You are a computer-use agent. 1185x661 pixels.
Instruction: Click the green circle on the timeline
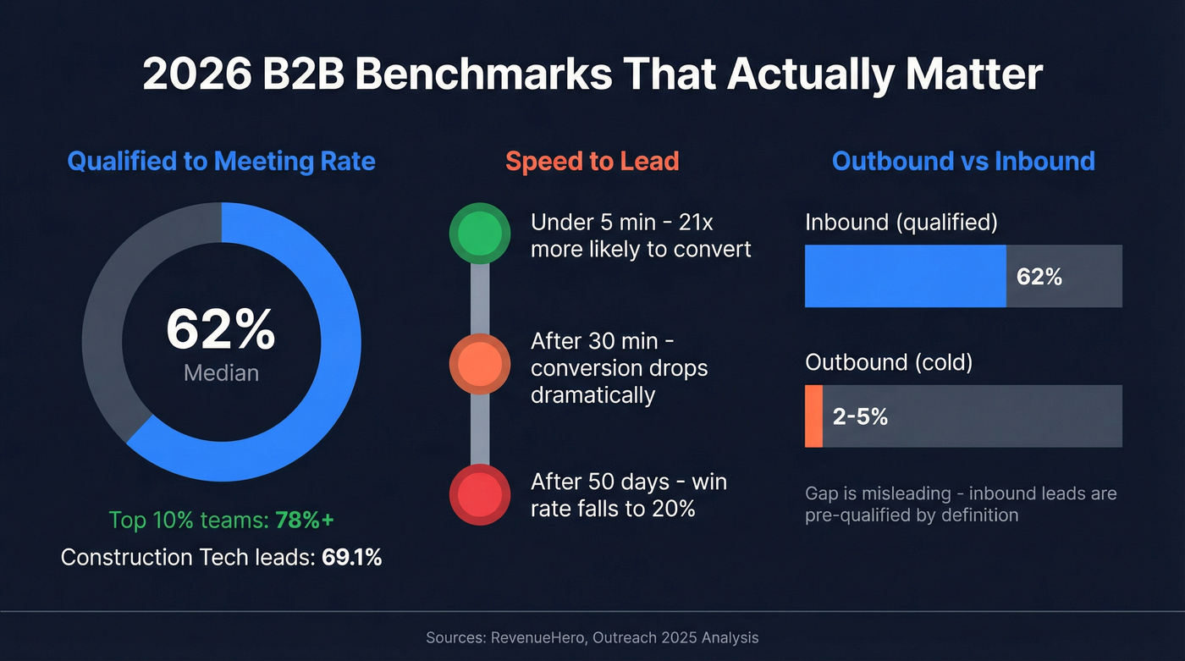[479, 234]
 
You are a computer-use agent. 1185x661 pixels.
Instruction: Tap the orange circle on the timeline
[479, 364]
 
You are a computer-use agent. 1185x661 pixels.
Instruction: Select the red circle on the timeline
[479, 494]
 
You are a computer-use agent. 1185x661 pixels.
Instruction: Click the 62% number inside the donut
[221, 330]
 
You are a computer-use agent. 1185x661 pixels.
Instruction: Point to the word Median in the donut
[221, 372]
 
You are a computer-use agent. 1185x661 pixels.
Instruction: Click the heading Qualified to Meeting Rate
[221, 161]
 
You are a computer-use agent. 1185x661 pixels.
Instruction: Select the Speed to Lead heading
[592, 161]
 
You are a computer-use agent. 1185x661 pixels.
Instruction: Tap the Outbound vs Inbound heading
[963, 161]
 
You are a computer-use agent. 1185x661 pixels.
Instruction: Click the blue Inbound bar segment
[905, 276]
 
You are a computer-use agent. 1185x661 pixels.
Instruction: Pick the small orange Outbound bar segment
[813, 416]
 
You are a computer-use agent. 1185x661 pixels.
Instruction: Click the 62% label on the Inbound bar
[1039, 277]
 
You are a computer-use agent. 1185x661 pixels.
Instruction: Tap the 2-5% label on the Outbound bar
[860, 416]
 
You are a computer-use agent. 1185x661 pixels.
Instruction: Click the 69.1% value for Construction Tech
[351, 558]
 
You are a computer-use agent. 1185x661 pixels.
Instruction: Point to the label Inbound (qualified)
[901, 223]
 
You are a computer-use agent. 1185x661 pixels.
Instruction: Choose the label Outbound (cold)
[889, 362]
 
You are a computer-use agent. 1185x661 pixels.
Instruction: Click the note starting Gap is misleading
[961, 504]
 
